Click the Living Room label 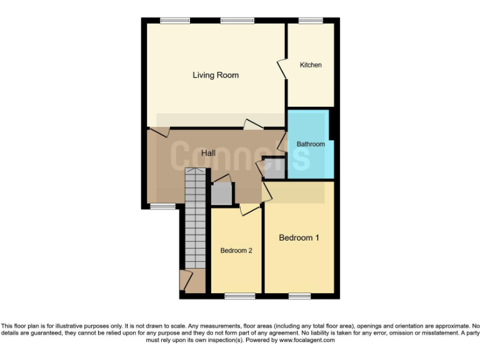point(216,76)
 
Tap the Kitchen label point(311,65)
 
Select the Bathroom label point(311,144)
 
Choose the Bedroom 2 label point(236,251)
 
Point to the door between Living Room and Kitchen point(282,69)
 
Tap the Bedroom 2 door point(249,209)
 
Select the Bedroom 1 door point(266,189)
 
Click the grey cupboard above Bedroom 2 point(221,194)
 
